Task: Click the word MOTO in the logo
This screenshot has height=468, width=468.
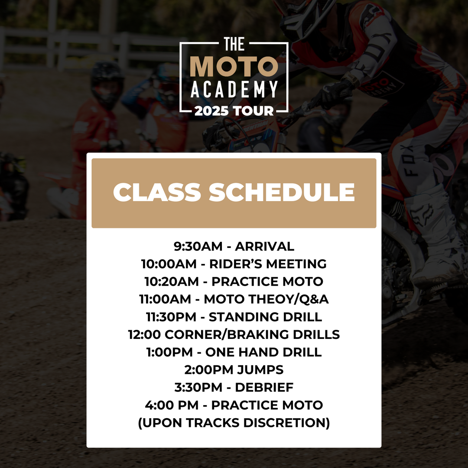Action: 234,66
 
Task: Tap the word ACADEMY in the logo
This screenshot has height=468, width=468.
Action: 234,90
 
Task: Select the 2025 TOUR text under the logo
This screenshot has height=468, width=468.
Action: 234,111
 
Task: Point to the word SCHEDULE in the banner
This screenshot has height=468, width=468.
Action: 282,192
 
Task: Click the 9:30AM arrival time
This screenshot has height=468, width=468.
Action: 198,246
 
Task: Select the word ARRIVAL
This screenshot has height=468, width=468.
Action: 264,246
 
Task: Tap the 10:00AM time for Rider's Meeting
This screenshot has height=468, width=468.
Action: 169,264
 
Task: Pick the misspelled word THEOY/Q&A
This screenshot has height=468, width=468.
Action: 289,299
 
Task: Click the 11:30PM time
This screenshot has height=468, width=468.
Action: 171,317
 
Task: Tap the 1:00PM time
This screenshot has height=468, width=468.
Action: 169,352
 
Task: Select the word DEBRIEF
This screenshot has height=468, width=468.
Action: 264,387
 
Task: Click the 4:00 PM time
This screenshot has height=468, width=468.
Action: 172,405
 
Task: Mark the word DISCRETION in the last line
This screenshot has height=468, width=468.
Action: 286,422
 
